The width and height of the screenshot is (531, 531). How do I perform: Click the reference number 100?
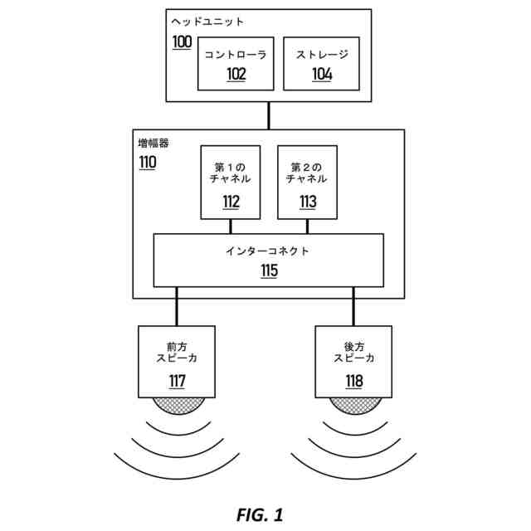tap(182, 41)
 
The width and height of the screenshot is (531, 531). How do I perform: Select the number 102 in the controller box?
tap(236, 74)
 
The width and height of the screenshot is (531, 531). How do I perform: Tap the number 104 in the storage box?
tap(322, 74)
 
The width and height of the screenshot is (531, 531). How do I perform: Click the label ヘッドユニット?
tap(207, 22)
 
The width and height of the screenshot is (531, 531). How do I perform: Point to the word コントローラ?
tap(236, 55)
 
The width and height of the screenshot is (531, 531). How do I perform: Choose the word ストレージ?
tap(322, 55)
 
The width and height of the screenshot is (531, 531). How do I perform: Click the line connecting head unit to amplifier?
tap(269, 115)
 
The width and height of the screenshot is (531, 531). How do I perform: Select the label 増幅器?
tap(153, 143)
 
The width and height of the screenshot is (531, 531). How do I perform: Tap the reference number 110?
tap(147, 163)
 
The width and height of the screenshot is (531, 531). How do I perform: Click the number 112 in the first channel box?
tap(231, 202)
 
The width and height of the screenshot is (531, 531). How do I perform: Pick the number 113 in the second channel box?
tap(307, 202)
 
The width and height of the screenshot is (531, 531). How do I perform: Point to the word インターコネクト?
tap(268, 251)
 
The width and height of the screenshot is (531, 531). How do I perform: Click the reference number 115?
tap(269, 270)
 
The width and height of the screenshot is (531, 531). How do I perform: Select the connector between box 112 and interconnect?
tap(231, 227)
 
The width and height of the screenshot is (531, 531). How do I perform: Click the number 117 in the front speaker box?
tap(177, 382)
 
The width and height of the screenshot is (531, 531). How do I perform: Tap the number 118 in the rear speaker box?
tap(354, 382)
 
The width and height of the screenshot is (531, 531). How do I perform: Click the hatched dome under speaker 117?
tap(177, 404)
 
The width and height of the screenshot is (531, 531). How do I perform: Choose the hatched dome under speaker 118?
tap(354, 404)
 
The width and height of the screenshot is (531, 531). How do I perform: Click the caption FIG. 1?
tap(260, 514)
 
